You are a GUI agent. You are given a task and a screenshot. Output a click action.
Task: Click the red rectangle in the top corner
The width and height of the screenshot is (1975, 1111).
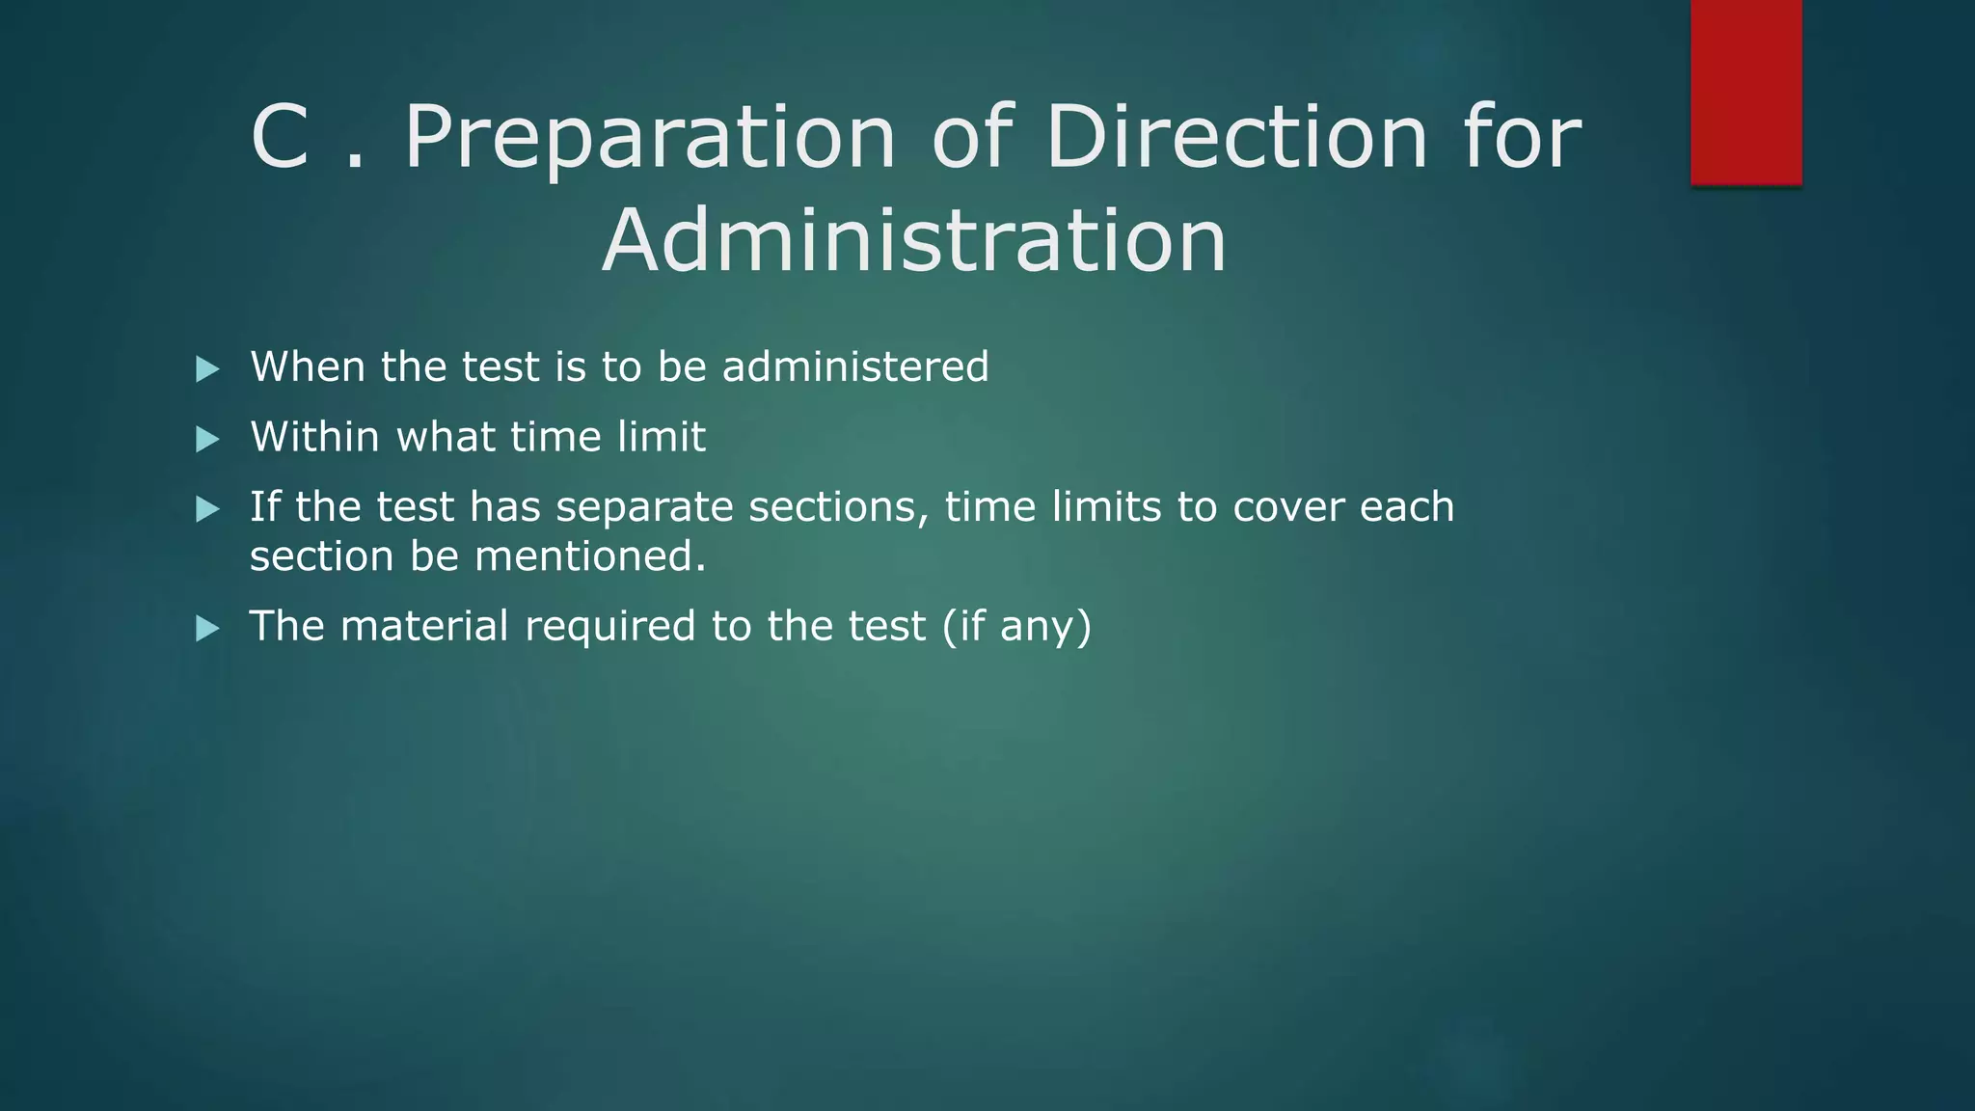1745,92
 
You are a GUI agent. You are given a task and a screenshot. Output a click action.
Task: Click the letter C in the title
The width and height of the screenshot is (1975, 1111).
280,138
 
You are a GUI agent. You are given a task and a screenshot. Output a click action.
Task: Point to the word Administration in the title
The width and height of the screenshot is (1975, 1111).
914,240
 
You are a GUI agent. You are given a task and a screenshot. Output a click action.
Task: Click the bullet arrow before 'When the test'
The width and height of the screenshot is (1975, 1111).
207,369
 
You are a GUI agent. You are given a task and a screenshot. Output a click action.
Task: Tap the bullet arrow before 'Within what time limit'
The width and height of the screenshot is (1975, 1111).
207,440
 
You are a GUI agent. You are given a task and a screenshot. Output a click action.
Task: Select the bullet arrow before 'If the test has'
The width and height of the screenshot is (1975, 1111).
207,509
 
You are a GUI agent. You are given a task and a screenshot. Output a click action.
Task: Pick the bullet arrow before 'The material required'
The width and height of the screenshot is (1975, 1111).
207,629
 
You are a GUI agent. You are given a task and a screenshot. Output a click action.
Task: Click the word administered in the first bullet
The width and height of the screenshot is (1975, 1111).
855,367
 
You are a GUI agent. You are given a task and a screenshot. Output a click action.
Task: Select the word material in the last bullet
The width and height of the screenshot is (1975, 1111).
424,626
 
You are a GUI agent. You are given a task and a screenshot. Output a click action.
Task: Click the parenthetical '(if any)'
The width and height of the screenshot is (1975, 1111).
1016,627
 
